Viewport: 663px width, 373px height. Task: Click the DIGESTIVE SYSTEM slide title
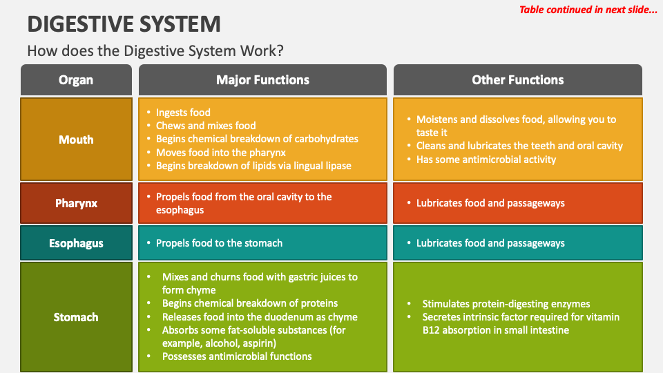pyautogui.click(x=124, y=23)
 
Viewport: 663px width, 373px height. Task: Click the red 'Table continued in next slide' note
pyautogui.click(x=588, y=10)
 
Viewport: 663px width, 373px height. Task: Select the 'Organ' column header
pyautogui.click(x=76, y=80)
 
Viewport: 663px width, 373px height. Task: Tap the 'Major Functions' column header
pyautogui.click(x=262, y=80)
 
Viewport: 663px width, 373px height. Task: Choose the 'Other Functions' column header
pyautogui.click(x=517, y=80)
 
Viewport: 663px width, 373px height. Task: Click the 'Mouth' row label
pyautogui.click(x=76, y=140)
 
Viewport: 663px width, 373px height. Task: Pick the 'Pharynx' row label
pyautogui.click(x=76, y=203)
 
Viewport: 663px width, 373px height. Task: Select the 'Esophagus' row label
pyautogui.click(x=76, y=243)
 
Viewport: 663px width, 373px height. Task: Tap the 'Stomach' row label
pyautogui.click(x=76, y=317)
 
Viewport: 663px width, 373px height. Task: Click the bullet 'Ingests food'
pyautogui.click(x=183, y=113)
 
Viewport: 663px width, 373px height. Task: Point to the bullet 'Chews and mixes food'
pyautogui.click(x=206, y=126)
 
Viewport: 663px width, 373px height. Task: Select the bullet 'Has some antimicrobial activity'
pyautogui.click(x=486, y=160)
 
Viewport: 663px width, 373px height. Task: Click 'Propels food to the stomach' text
pyautogui.click(x=219, y=243)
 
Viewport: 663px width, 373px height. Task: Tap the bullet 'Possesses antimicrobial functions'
pyautogui.click(x=237, y=356)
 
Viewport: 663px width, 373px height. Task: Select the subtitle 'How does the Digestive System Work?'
pyautogui.click(x=155, y=50)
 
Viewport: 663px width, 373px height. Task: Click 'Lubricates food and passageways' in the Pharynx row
pyautogui.click(x=490, y=203)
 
